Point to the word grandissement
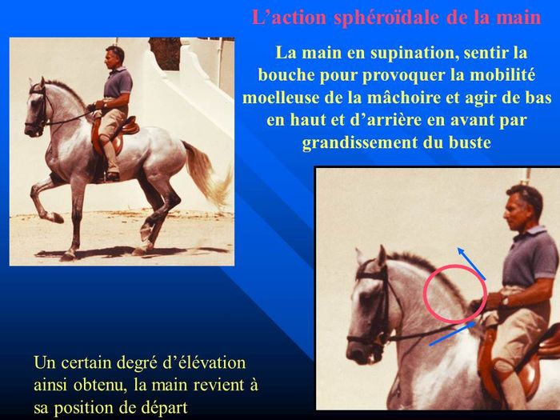(x=359, y=142)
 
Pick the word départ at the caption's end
(x=164, y=407)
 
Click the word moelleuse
(x=281, y=98)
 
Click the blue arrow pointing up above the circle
(x=471, y=263)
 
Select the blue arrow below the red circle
(x=453, y=333)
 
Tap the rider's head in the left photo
(x=114, y=57)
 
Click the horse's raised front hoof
(x=57, y=218)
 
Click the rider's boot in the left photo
(x=112, y=176)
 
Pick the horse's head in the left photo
(x=36, y=109)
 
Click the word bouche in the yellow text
(x=286, y=75)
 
